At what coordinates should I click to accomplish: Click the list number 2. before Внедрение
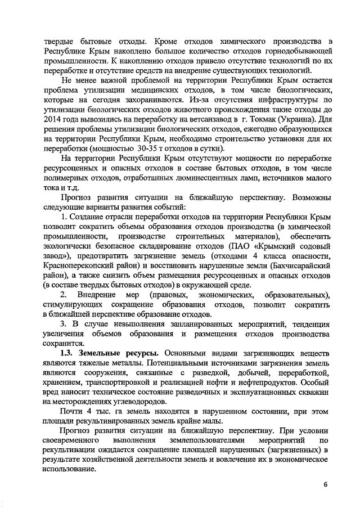[x=64, y=295]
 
